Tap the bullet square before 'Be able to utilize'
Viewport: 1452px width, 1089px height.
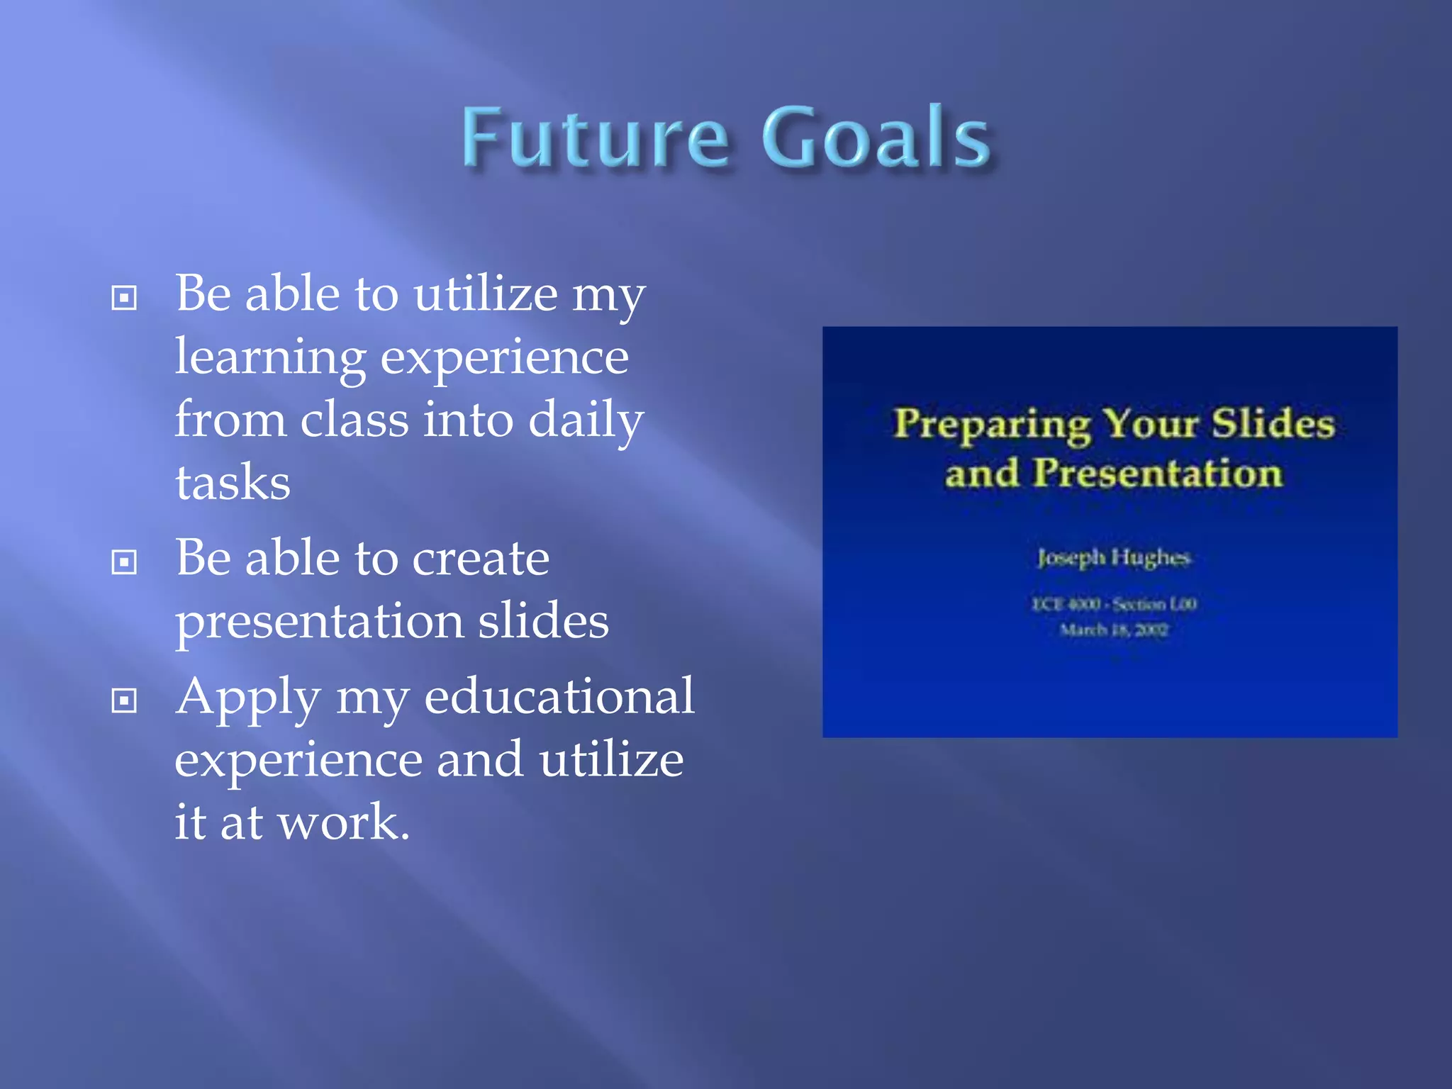pos(124,298)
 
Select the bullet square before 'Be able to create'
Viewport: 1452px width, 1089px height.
pos(124,562)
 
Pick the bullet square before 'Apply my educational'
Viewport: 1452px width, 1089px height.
pos(124,700)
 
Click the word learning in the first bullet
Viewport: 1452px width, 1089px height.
pos(270,359)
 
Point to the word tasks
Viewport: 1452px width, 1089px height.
pos(233,483)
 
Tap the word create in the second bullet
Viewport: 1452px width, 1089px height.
pos(480,559)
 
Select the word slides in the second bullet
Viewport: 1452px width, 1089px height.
pos(542,621)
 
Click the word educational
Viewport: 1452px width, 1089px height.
pos(559,696)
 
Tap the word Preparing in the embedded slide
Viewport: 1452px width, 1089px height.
pos(991,424)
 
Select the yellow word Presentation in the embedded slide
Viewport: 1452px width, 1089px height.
pos(1157,472)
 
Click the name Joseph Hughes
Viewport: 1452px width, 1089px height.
pos(1113,557)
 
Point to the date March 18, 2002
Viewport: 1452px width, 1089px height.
pos(1113,630)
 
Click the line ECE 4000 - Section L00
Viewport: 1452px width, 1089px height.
pos(1113,604)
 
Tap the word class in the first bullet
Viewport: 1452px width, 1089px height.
pos(354,420)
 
